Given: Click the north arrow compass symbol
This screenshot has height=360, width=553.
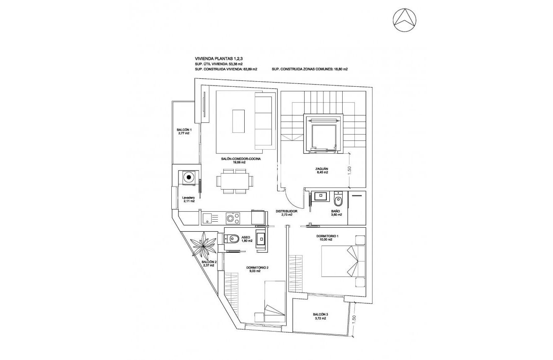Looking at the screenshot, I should [x=404, y=20].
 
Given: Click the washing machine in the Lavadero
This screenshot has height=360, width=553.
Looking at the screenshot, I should [x=189, y=178].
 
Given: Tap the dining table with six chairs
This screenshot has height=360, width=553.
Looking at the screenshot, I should [x=235, y=181].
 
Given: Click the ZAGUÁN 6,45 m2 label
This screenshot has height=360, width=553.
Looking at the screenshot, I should [x=322, y=170].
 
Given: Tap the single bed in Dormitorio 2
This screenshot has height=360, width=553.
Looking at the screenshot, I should [x=274, y=301].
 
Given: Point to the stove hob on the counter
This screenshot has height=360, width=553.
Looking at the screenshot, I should [x=233, y=218].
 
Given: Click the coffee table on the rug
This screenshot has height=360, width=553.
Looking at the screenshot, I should [x=238, y=122].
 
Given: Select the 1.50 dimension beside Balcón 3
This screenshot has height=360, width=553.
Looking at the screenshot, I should [x=354, y=320].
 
